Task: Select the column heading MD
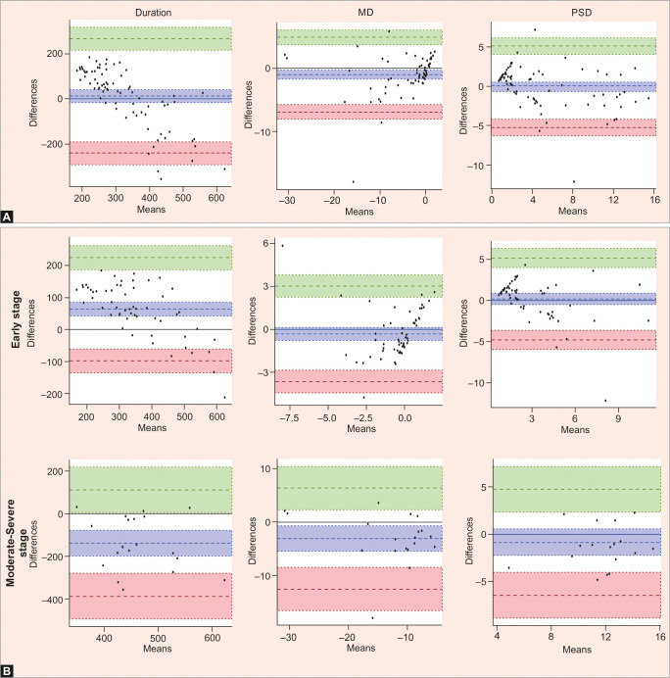tap(357, 12)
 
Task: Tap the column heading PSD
tap(572, 12)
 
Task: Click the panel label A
tap(8, 216)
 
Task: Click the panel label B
tap(8, 669)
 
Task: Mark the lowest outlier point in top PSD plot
tap(574, 181)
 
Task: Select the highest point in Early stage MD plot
tap(283, 245)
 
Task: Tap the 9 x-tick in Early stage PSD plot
tap(618, 415)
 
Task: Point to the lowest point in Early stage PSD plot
tap(605, 401)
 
